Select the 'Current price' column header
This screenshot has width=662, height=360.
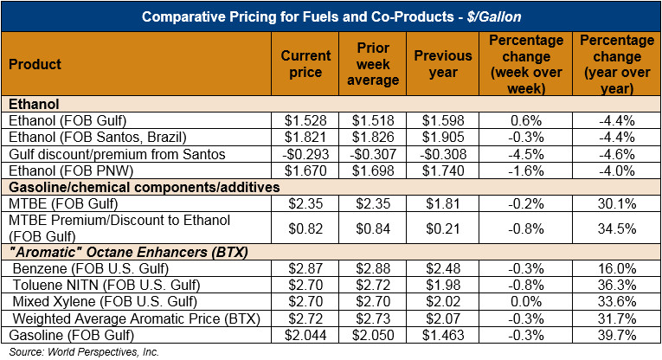[x=305, y=64]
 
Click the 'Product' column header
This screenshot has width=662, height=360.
[x=35, y=64]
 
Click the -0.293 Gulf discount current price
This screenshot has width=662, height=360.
[x=305, y=154]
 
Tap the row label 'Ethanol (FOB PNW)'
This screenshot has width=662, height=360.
[x=62, y=170]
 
